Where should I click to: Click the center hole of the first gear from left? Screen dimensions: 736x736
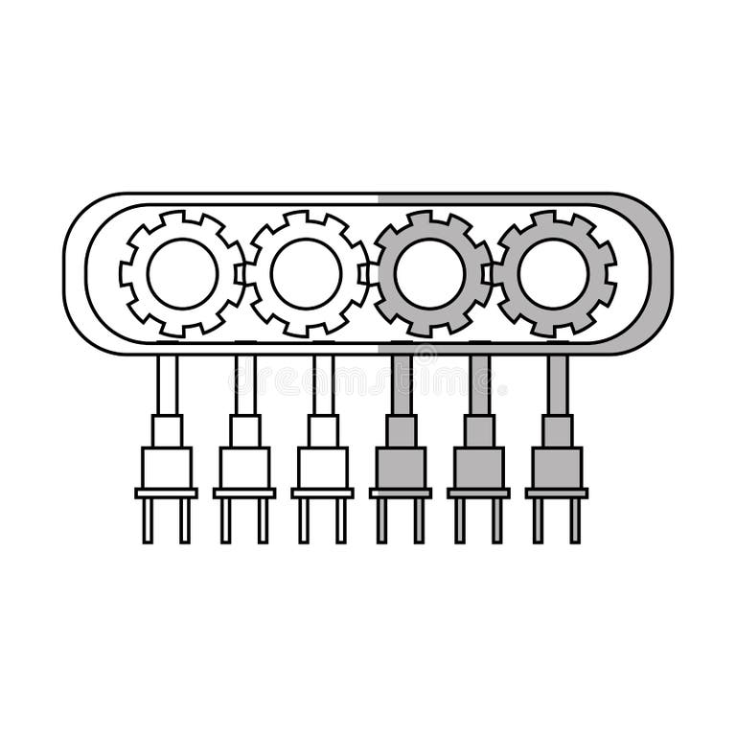click(x=182, y=273)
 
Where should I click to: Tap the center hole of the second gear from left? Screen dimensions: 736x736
click(x=307, y=273)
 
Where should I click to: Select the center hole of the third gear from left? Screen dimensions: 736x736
click(x=430, y=273)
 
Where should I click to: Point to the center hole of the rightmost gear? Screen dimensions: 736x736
click(x=554, y=273)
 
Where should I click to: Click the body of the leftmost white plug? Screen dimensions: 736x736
click(x=167, y=468)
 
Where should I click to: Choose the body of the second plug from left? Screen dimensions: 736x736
click(x=244, y=468)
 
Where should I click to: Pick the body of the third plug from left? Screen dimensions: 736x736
click(x=323, y=468)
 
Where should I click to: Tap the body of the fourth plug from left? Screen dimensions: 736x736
click(x=401, y=468)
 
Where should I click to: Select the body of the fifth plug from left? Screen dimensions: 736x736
click(x=479, y=468)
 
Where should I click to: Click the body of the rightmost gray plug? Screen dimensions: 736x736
click(x=557, y=468)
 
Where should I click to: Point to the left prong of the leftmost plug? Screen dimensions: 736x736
click(x=149, y=520)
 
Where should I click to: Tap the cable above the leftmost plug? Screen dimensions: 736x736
click(x=167, y=383)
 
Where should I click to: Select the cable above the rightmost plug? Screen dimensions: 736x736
click(x=557, y=383)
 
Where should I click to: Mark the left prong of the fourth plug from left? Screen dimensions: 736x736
click(x=382, y=520)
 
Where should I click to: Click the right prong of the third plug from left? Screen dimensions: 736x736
click(x=341, y=520)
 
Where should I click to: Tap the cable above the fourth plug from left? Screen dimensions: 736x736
click(x=401, y=383)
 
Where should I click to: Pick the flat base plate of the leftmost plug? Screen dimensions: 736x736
click(x=167, y=493)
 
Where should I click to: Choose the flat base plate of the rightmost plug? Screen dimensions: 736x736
click(x=557, y=493)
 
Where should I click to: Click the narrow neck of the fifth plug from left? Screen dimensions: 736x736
click(x=479, y=430)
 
